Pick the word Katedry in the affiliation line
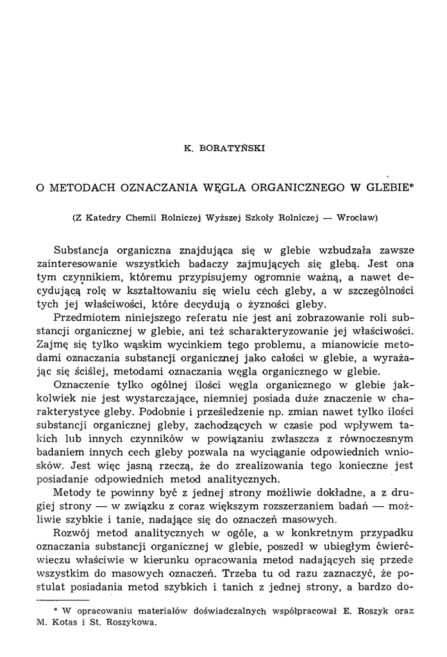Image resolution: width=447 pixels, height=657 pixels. coord(105,218)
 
